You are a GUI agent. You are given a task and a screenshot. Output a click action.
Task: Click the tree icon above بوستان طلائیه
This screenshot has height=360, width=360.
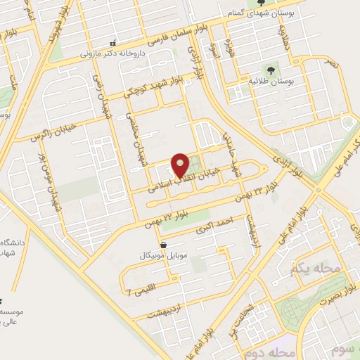[x=271, y=70]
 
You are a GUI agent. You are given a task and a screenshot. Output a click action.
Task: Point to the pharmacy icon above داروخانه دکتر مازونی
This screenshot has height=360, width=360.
[x=103, y=43]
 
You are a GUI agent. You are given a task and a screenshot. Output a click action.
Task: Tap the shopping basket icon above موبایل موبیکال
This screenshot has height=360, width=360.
[x=164, y=245]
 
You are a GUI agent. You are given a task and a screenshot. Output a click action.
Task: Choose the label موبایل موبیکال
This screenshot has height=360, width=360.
[x=164, y=255]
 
